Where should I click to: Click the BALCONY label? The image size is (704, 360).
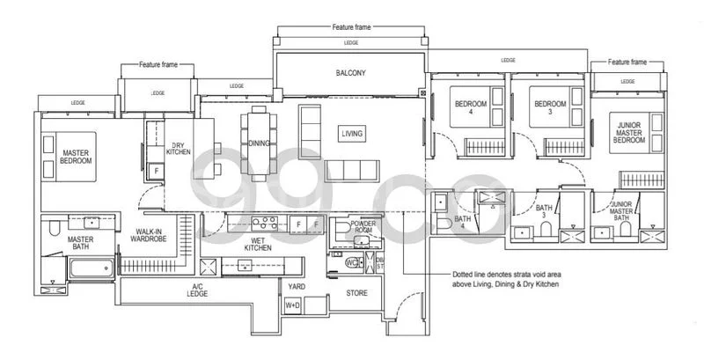coord(350,73)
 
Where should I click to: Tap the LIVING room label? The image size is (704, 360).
coord(352,134)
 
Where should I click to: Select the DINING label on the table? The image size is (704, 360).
coord(259,143)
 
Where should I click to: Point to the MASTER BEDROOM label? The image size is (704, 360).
coord(77,157)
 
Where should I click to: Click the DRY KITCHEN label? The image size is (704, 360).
coord(179,149)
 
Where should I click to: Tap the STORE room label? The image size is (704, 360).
coord(356,292)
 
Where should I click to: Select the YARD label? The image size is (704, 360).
coord(296,286)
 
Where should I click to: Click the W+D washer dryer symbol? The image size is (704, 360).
coord(292,305)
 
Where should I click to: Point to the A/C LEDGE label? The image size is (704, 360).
coord(199,292)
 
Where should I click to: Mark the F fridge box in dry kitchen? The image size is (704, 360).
coord(157,171)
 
